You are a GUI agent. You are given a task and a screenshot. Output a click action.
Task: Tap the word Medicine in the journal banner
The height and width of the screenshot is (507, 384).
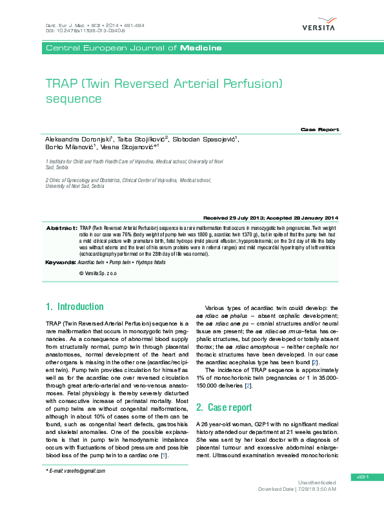click(x=201, y=48)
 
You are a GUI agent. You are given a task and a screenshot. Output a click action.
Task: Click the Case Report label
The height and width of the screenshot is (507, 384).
click(x=319, y=130)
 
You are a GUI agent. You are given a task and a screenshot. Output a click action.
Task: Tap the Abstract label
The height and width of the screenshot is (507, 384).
click(x=61, y=229)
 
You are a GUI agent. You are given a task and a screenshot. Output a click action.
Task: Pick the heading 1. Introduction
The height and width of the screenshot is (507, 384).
click(x=74, y=306)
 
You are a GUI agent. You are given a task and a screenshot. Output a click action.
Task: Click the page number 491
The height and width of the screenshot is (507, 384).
click(x=361, y=477)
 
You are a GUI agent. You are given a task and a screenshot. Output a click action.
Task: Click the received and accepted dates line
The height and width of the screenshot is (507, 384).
click(x=270, y=218)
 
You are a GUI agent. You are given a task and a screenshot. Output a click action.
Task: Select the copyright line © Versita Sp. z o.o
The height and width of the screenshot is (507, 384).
click(x=97, y=274)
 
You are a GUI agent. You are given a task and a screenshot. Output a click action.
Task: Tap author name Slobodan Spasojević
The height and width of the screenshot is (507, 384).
click(x=206, y=139)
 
